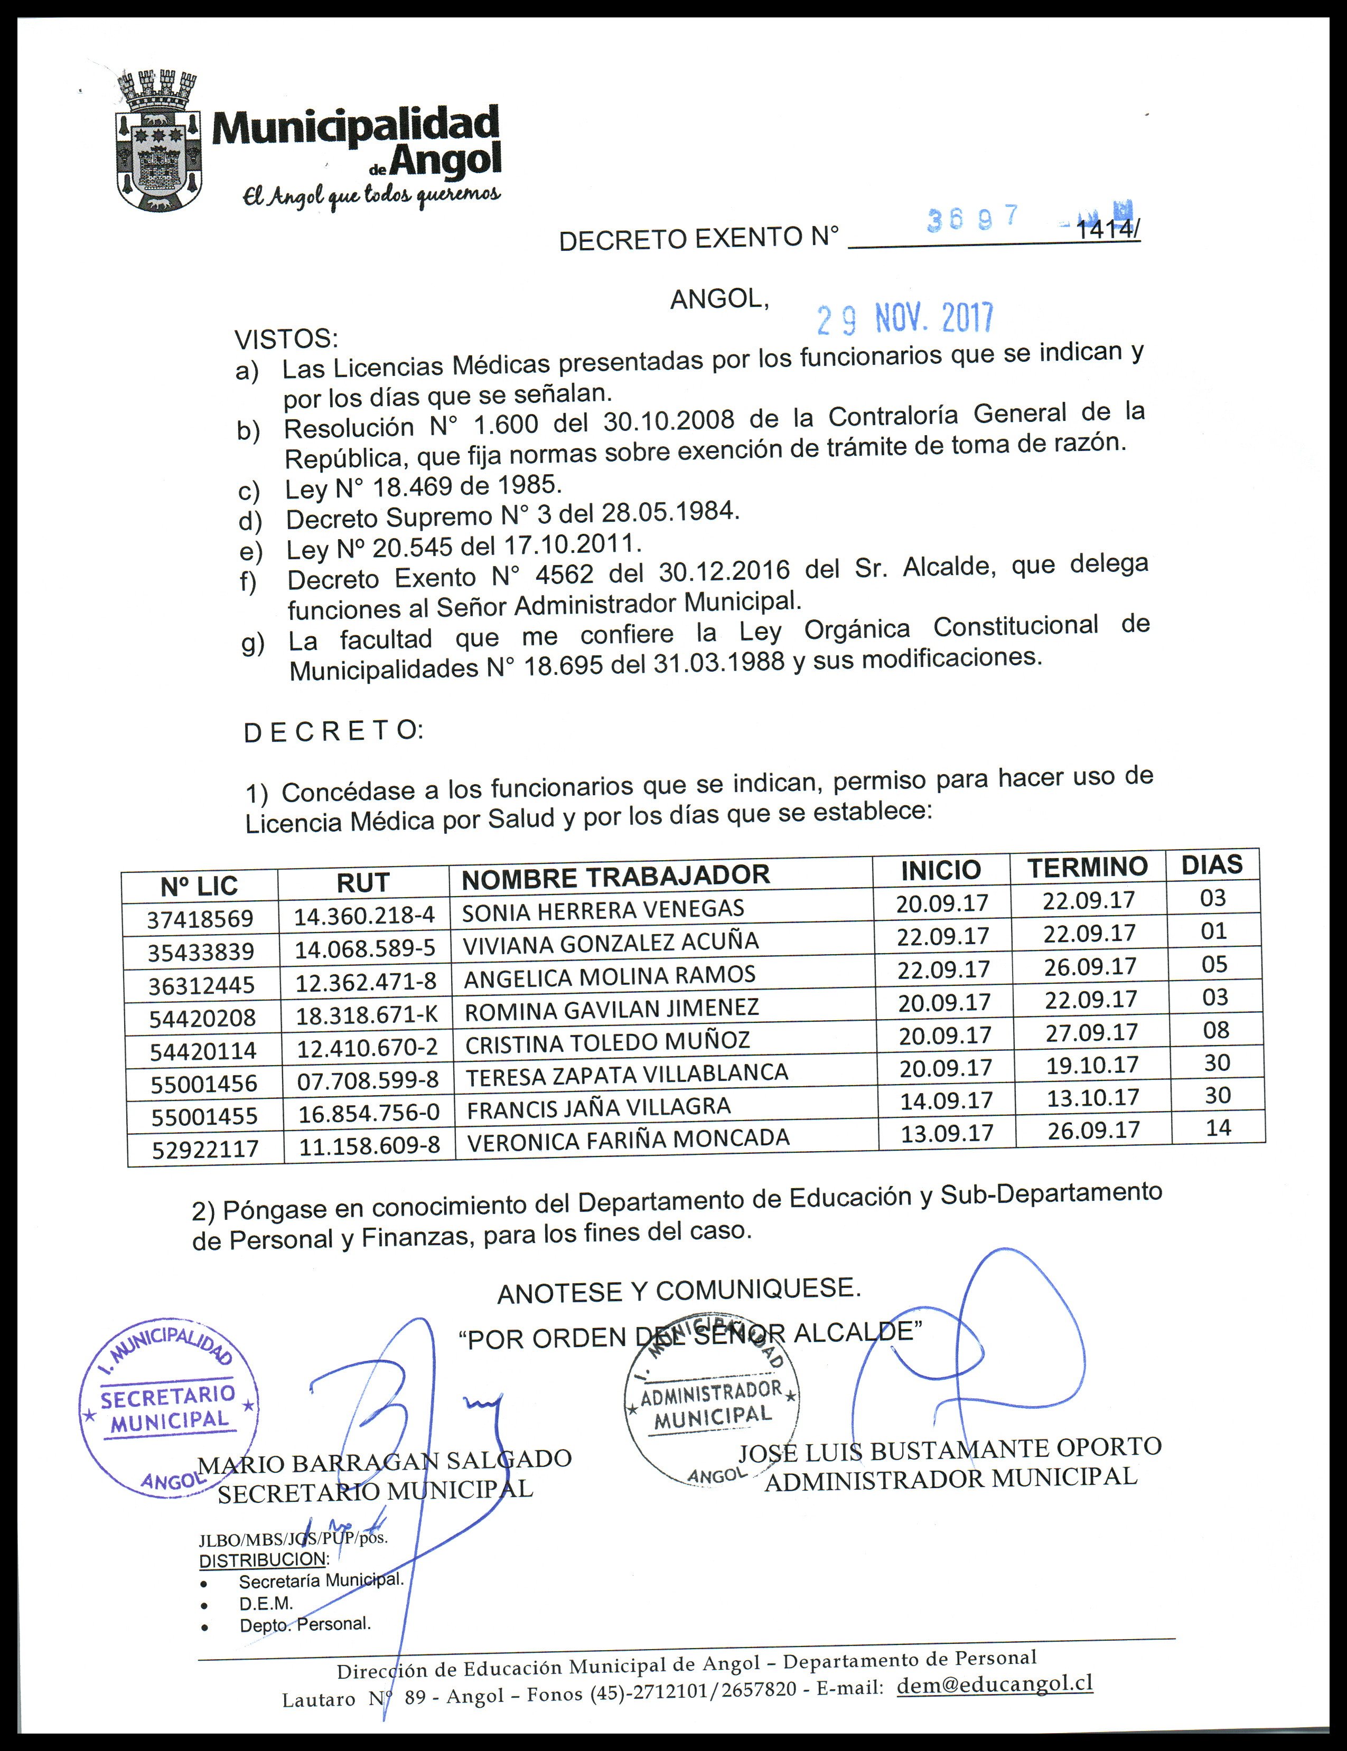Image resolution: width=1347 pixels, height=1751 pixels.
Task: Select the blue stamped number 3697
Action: [972, 218]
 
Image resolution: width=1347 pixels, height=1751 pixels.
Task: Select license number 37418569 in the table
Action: [200, 918]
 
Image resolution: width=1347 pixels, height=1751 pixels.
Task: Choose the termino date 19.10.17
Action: [1091, 1065]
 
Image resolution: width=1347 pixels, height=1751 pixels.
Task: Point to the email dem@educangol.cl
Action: [994, 1684]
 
